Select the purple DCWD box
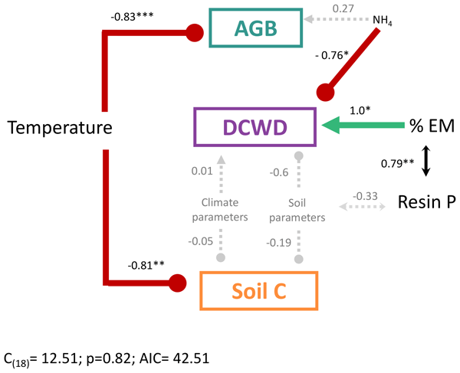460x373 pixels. (255, 126)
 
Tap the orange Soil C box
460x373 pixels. (258, 291)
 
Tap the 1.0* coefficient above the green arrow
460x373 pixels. (360, 110)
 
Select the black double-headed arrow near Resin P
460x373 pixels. (426, 162)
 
